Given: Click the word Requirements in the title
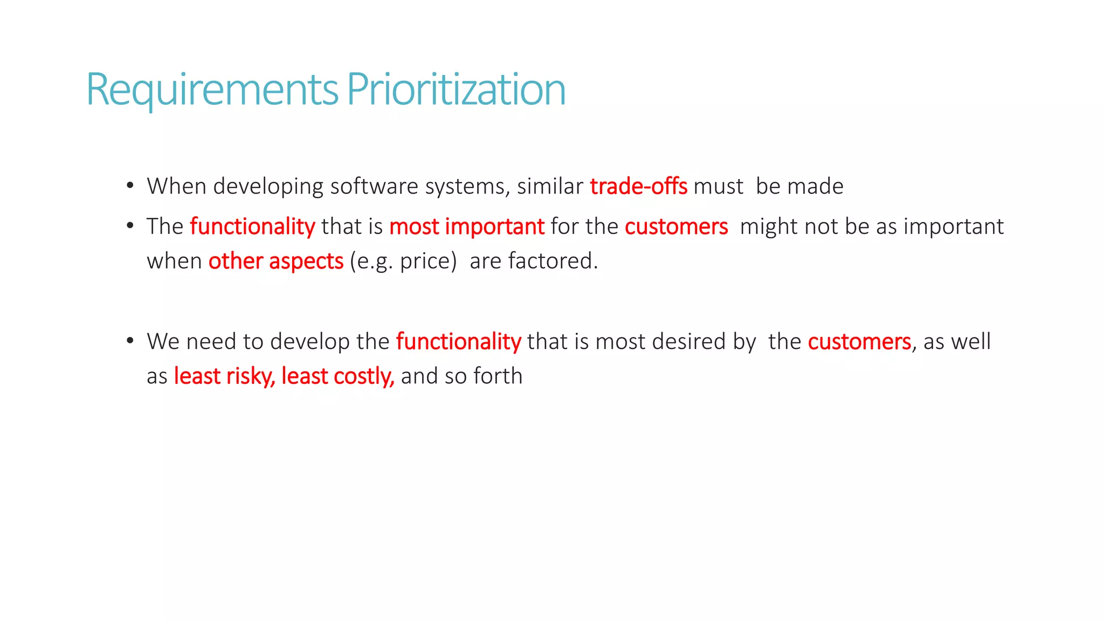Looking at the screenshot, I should pos(212,89).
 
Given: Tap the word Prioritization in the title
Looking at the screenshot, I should pos(456,89).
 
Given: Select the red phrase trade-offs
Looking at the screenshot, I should pos(639,187).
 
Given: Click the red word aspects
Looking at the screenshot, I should pos(306,261).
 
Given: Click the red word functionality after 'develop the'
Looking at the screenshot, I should pos(458,342).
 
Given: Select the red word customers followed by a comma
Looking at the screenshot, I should pos(859,342).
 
